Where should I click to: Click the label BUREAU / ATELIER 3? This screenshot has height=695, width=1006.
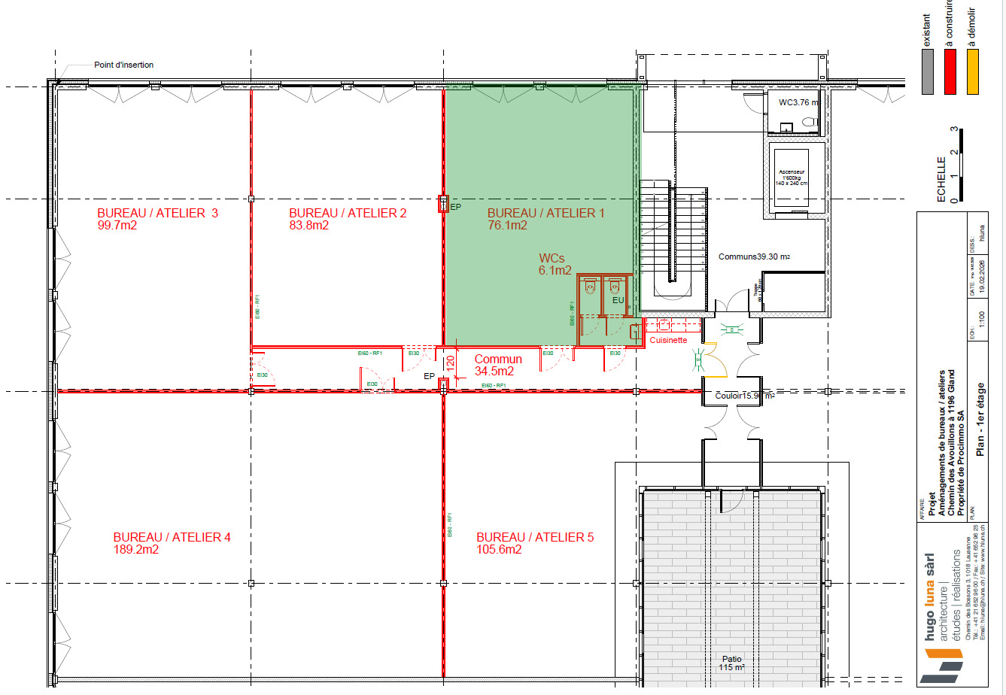click(x=157, y=213)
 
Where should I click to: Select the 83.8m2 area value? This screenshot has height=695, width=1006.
click(x=308, y=226)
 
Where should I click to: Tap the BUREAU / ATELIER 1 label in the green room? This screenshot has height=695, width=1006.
click(x=546, y=213)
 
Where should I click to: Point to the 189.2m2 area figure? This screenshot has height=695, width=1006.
click(x=135, y=550)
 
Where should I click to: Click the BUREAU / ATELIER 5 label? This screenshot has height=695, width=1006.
click(x=535, y=537)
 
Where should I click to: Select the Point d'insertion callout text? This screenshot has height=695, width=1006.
click(x=123, y=65)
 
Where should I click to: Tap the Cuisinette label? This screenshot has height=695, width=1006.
click(x=668, y=340)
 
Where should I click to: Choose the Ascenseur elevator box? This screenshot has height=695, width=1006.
click(x=792, y=178)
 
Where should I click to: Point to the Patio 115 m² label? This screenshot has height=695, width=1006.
click(x=731, y=663)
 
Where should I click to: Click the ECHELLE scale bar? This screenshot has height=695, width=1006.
click(x=954, y=165)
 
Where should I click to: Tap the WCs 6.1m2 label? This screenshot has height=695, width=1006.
click(x=555, y=264)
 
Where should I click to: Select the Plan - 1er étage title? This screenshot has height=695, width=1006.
click(x=980, y=429)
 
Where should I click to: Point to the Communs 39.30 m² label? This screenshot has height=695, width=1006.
click(x=753, y=256)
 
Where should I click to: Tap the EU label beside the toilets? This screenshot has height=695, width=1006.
click(x=618, y=301)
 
